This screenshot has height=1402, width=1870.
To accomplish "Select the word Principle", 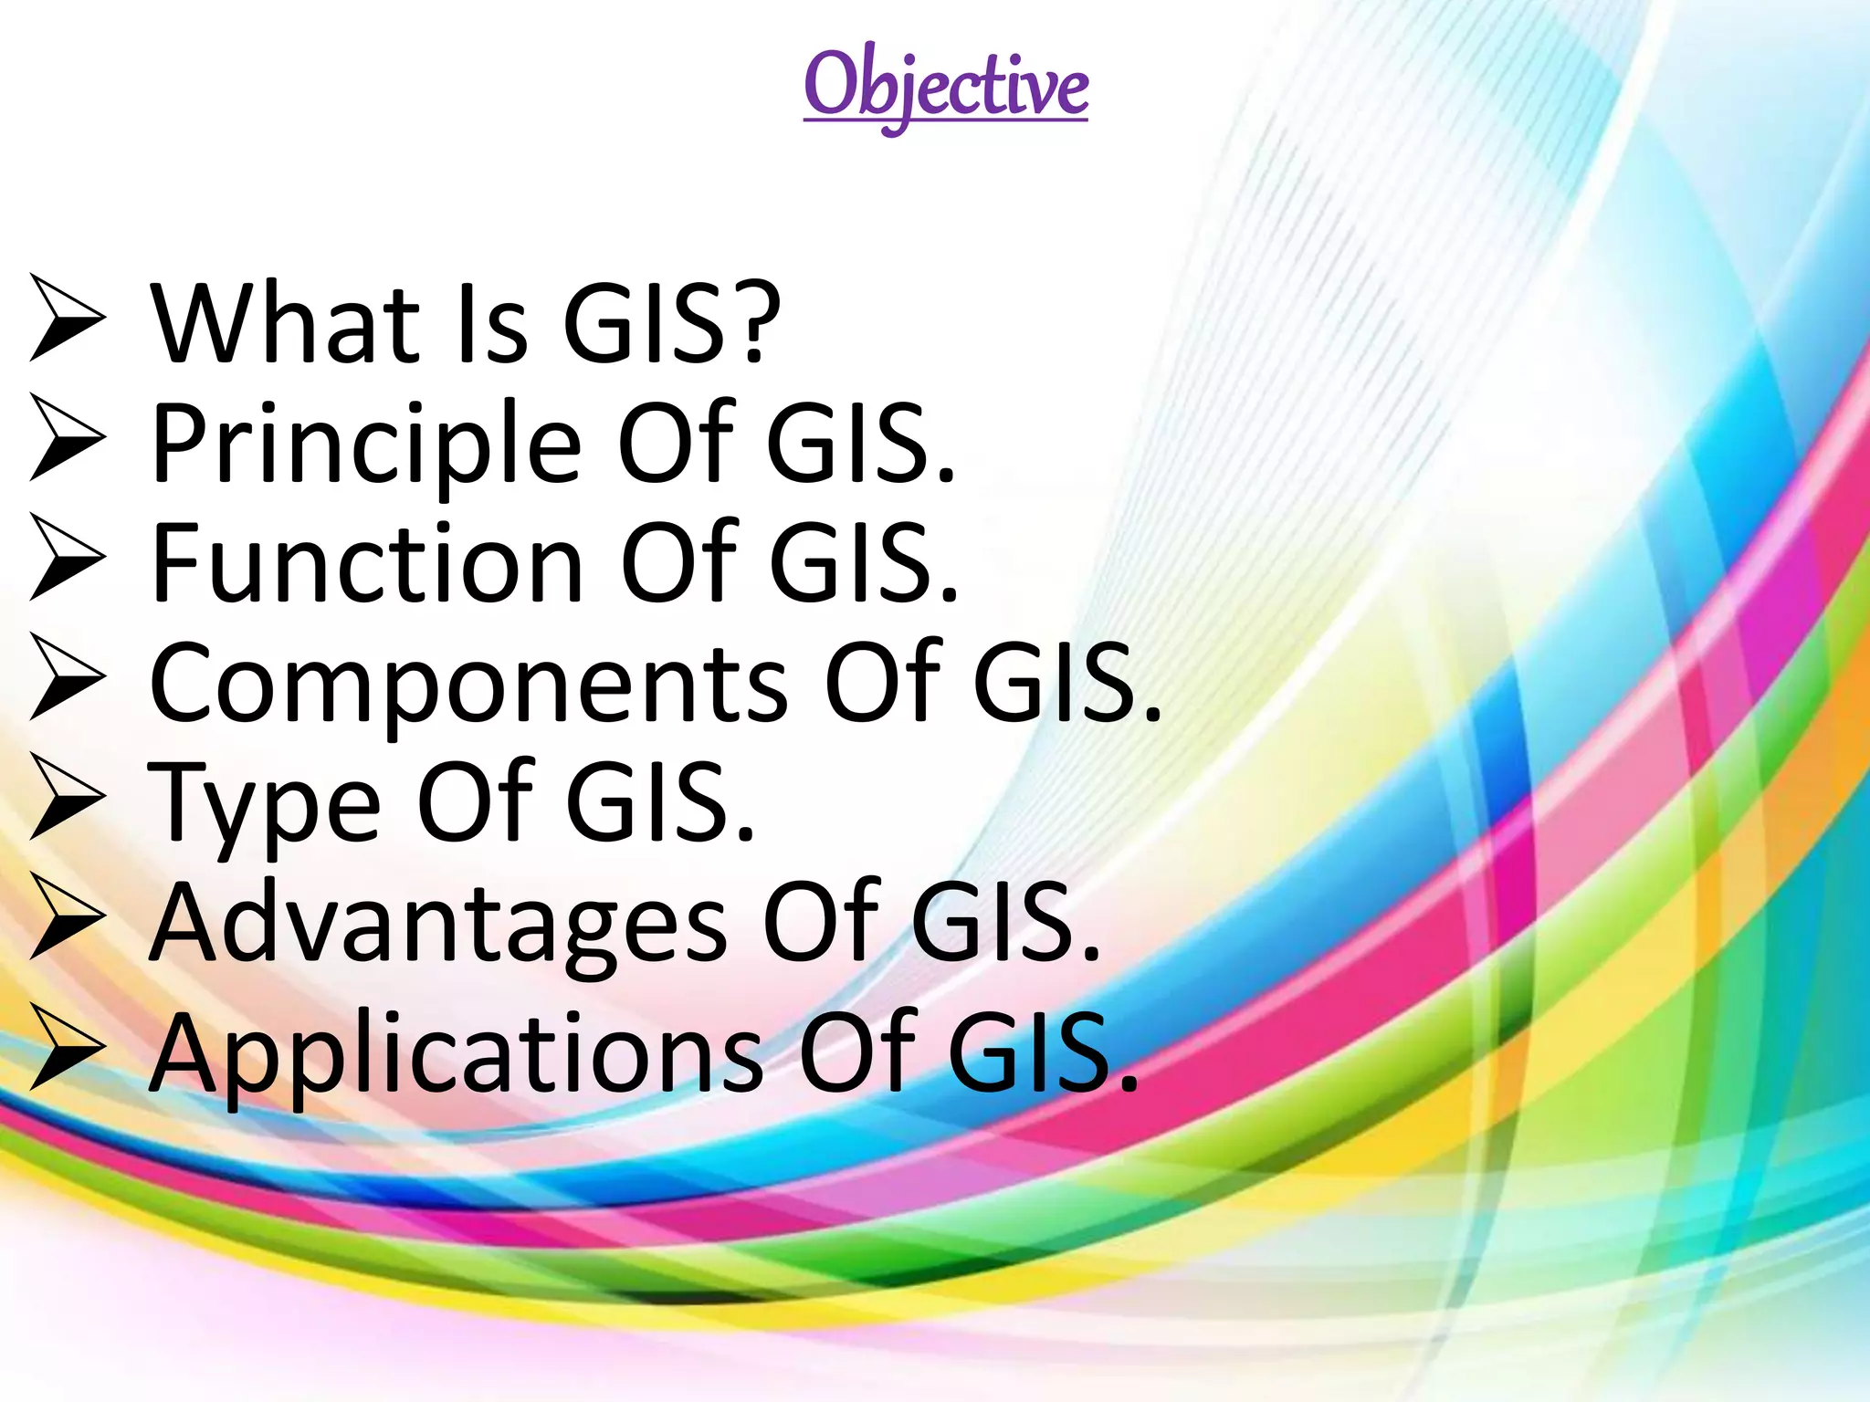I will [x=366, y=445].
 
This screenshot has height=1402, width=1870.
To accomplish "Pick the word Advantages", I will [x=437, y=924].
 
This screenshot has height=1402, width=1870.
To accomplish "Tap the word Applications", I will [x=456, y=1055].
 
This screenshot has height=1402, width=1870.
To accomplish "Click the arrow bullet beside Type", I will [x=66, y=795].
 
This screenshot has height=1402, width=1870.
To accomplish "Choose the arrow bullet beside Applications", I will [x=66, y=1046].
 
